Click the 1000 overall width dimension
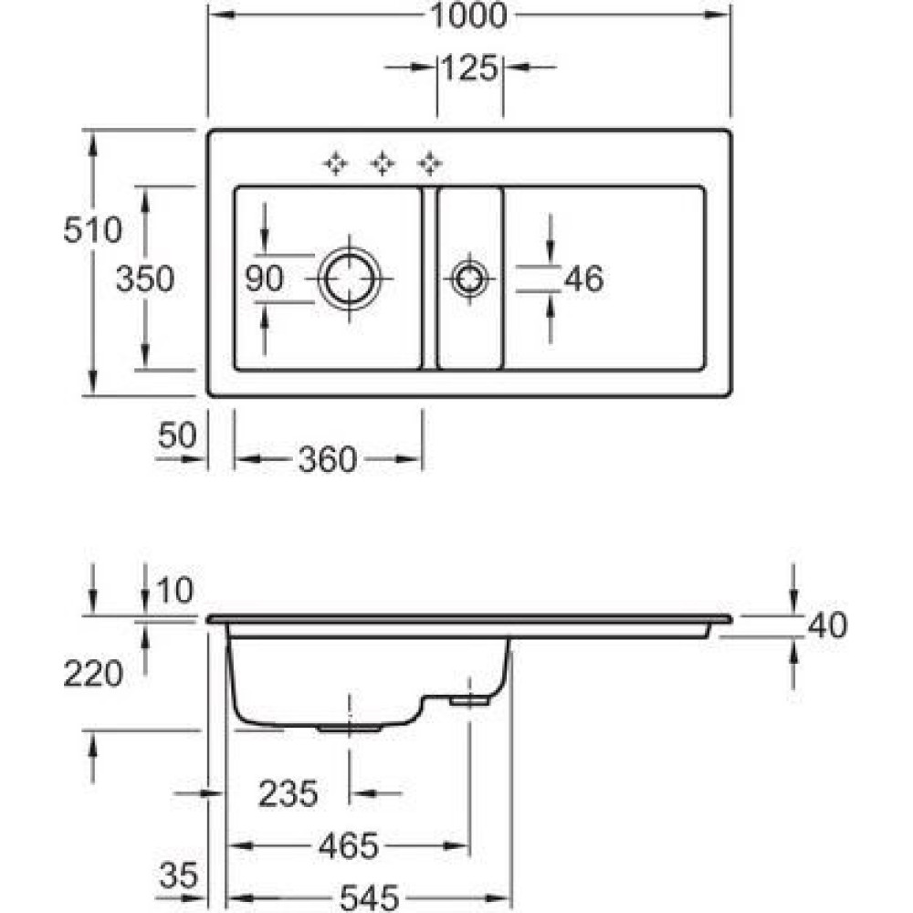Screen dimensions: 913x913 click(x=470, y=16)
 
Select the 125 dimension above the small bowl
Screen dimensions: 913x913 click(x=470, y=68)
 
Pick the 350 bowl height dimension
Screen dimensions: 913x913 click(x=144, y=279)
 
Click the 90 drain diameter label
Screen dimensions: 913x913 click(x=265, y=279)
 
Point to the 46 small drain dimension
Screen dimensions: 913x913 click(x=583, y=279)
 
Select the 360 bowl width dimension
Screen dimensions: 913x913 click(x=326, y=460)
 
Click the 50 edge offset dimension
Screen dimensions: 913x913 click(x=177, y=436)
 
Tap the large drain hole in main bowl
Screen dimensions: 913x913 click(x=349, y=278)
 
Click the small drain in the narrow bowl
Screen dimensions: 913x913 click(x=468, y=278)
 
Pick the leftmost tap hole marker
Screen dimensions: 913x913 click(x=335, y=163)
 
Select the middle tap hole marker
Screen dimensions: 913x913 click(x=383, y=163)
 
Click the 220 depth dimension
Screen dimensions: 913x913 click(x=92, y=674)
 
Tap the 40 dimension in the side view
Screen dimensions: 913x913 click(x=827, y=625)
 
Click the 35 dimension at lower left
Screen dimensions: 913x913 click(x=178, y=877)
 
